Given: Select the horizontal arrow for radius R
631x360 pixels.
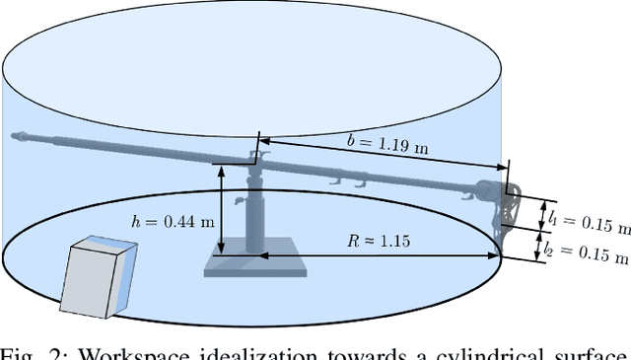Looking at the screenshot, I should point(380,255).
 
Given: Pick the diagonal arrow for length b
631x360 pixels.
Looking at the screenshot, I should point(385,163).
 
